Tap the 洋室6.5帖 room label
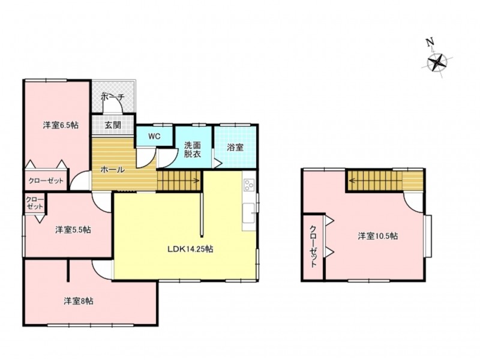[x=61, y=125]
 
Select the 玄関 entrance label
[x=113, y=125]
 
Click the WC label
[x=154, y=137]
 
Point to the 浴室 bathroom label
[x=235, y=148]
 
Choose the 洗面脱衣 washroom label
[x=192, y=149]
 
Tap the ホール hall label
[x=113, y=169]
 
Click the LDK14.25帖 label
[x=190, y=249]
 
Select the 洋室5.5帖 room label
[x=73, y=230]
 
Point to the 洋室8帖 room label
[x=79, y=301]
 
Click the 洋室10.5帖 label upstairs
[x=378, y=236]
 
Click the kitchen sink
[x=248, y=213]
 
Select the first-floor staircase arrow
[x=179, y=181]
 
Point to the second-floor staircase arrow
[x=376, y=181]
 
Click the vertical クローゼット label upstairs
[x=313, y=247]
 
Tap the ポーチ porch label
[x=113, y=97]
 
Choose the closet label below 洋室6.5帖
[x=46, y=181]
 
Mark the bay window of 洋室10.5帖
[x=428, y=236]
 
